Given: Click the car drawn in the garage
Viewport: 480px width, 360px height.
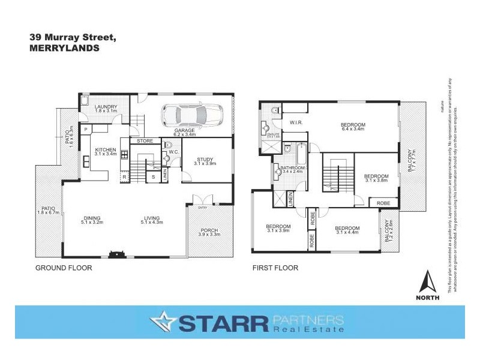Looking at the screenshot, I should (190, 114).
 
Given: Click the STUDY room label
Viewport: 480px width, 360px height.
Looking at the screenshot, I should (204, 161).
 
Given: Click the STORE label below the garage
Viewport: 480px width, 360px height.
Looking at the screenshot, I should (145, 142).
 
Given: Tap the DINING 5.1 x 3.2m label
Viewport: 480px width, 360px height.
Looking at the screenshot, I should (92, 221).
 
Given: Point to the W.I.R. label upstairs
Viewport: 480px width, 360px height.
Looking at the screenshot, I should (295, 124).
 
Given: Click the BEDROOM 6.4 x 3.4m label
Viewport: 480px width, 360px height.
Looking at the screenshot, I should (353, 127).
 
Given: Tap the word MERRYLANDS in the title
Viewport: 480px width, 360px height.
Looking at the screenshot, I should (64, 50).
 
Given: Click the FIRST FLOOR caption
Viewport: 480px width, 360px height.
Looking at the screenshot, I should (275, 268).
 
